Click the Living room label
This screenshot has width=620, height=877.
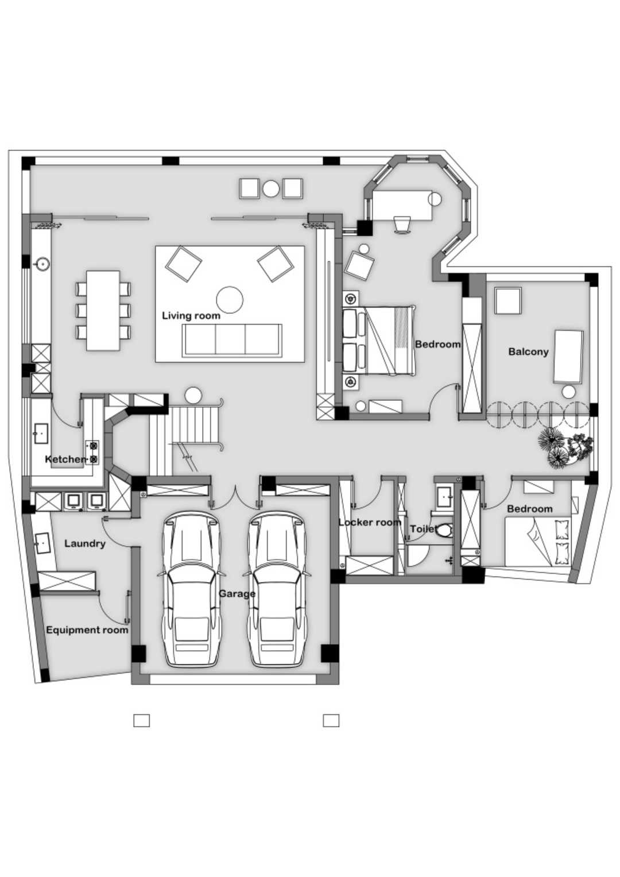tap(191, 316)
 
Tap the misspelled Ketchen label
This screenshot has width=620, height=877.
tap(65, 459)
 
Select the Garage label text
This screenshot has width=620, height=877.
tap(237, 593)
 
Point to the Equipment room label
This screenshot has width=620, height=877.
tap(87, 630)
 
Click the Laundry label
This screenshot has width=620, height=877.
tap(85, 543)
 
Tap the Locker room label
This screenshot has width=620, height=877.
tap(370, 522)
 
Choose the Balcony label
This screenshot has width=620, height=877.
tap(528, 351)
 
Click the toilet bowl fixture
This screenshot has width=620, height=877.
tap(444, 531)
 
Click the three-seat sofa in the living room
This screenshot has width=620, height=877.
tap(232, 340)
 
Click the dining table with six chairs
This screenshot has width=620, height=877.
tap(103, 310)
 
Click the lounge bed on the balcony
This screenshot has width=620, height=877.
tap(568, 357)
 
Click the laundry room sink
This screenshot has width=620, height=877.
tap(42, 543)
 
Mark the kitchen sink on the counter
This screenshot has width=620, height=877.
tap(41, 434)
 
